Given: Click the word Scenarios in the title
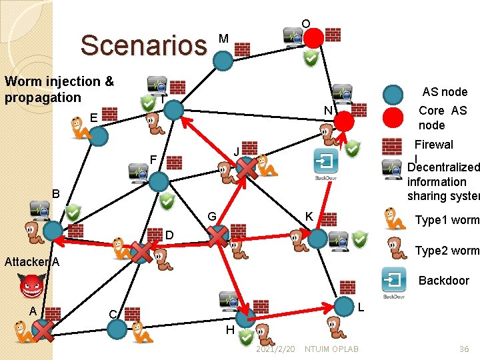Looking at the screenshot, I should [x=143, y=45].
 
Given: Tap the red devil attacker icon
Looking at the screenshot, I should [x=31, y=287].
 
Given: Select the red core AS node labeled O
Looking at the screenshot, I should [x=313, y=37].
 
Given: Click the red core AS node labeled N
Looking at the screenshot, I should [x=344, y=121].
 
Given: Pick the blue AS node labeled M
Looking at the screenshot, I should [x=223, y=61].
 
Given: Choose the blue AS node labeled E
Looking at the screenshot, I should [x=99, y=136].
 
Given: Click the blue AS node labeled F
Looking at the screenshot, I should [x=159, y=181].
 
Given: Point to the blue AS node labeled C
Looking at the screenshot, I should [x=117, y=329].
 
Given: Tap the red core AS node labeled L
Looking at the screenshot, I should [x=343, y=307].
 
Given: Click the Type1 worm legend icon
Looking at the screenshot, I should [x=395, y=219].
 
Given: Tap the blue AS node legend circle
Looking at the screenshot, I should [x=394, y=95].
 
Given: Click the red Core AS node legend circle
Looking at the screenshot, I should [x=394, y=117].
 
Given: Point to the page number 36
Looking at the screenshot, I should [x=464, y=349].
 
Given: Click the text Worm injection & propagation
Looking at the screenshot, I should [x=59, y=89].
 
